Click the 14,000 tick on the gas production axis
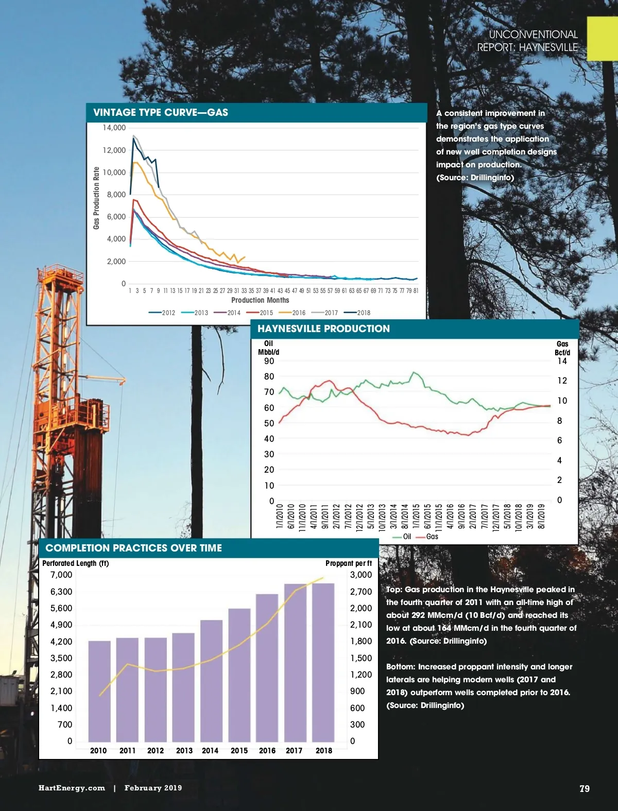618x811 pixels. pos(114,128)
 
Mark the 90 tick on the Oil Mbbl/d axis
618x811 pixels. pos(269,361)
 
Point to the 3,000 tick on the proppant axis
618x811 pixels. pos(360,575)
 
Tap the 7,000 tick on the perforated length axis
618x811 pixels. pos(61,575)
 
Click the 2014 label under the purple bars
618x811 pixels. pos(210,751)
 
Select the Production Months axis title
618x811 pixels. pos(260,300)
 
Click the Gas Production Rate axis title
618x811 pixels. pos(96,198)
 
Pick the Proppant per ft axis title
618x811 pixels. pos(349,563)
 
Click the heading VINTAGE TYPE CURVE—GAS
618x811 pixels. pos(161,113)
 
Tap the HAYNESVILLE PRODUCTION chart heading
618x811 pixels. pos(323,329)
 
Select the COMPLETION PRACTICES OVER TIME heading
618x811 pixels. pos(134,548)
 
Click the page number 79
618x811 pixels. pos(585,788)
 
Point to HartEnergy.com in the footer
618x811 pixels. pos(72,788)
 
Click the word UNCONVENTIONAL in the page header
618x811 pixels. pos(533,34)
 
